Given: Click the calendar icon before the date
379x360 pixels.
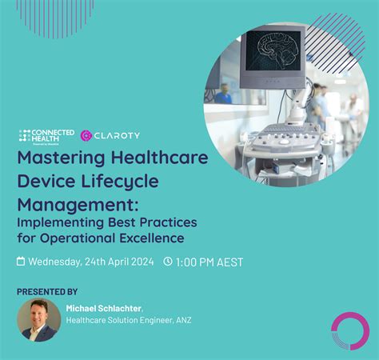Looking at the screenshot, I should [22, 262].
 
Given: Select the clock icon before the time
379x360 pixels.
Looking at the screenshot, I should [168, 262].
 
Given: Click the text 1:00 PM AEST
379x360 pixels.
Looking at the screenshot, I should [209, 262].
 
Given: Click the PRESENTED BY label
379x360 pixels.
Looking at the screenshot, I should [47, 291].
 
